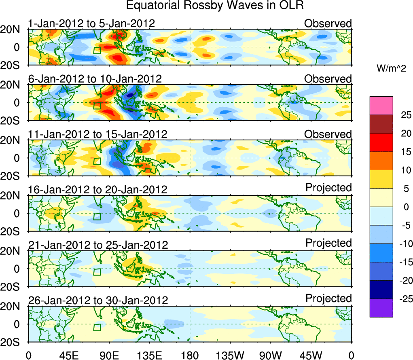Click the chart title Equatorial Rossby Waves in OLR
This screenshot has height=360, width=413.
point(215,6)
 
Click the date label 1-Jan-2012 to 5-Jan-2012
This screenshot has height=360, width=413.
point(91,23)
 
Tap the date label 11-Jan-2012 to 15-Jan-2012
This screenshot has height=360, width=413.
point(97,134)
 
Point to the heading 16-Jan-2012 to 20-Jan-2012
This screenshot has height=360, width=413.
point(97,189)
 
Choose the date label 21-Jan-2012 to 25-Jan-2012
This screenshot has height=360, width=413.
point(97,245)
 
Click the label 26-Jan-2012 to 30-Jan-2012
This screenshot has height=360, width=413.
point(97,300)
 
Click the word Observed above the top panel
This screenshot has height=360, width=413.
point(328,23)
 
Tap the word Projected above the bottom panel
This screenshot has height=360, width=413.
point(328,299)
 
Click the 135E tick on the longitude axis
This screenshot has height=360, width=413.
point(150,355)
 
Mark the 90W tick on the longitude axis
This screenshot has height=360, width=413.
point(271,355)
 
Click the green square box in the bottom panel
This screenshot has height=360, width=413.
point(97,327)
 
